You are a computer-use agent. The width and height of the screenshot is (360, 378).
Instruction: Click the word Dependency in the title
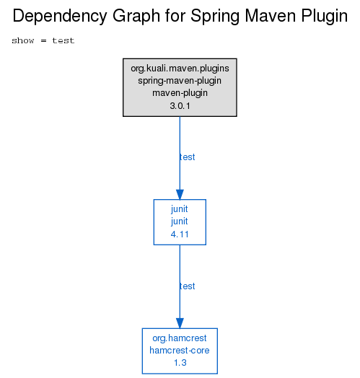point(60,17)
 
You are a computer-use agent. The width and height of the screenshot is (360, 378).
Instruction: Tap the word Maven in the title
point(271,16)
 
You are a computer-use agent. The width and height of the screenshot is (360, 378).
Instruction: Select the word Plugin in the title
point(325,17)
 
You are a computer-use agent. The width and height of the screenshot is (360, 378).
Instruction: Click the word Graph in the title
point(136,17)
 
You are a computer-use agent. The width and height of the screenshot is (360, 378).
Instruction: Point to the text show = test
point(43,40)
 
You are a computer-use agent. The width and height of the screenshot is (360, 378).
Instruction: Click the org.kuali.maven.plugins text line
point(180,69)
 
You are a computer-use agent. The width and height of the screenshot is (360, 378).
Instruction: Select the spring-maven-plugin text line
point(180,81)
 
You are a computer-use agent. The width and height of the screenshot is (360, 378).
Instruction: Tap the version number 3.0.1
point(180,106)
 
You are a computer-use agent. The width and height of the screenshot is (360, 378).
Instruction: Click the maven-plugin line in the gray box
point(180,93)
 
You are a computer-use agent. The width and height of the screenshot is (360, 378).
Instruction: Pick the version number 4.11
point(180,234)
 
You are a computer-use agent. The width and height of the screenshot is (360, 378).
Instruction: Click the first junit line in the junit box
point(180,209)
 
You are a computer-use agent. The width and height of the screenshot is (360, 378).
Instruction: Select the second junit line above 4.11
point(180,221)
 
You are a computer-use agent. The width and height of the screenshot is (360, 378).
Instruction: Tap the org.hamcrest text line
point(180,338)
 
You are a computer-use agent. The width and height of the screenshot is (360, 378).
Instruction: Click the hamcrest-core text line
point(180,351)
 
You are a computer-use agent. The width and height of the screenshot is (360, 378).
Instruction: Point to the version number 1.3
point(180,363)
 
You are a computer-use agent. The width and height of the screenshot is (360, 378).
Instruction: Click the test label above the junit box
point(188,157)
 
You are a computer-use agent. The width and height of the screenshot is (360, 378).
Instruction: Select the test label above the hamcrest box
point(188,286)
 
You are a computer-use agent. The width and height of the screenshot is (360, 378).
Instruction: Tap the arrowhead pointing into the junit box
point(180,195)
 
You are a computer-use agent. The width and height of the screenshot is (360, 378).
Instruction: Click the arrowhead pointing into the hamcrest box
point(180,323)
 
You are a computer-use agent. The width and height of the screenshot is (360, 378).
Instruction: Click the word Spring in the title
point(214,17)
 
